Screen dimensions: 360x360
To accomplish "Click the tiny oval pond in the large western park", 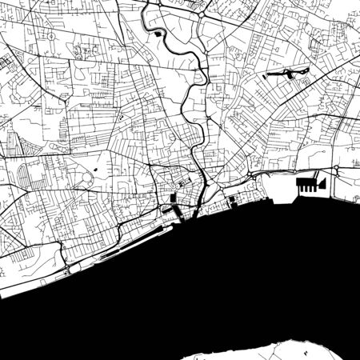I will [x=95, y=170].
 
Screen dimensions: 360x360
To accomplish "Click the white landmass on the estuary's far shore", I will [x=312, y=348].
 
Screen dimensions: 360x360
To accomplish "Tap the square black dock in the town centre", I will [x=173, y=198].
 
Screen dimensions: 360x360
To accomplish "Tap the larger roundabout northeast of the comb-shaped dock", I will [x=337, y=169].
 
